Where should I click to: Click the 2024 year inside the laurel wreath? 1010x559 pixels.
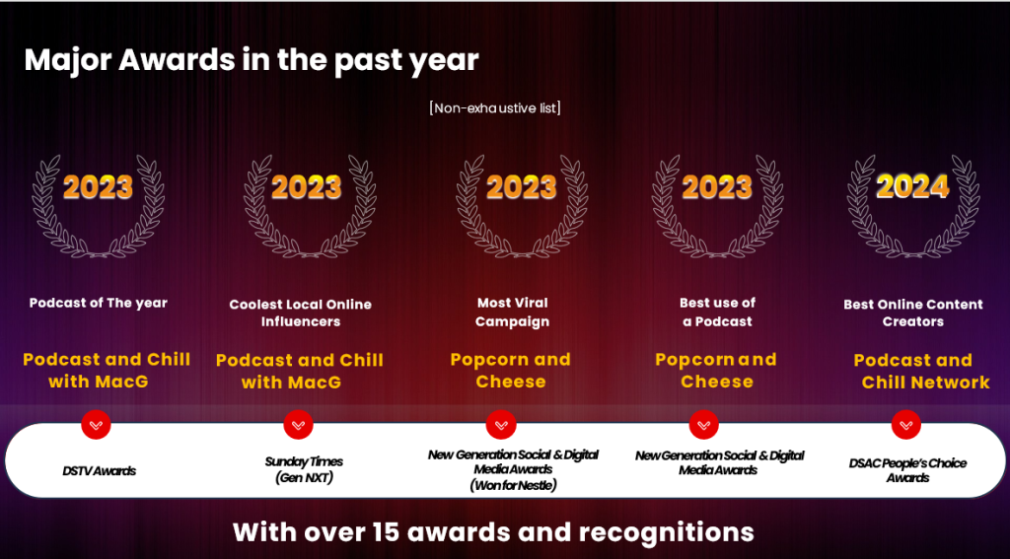[x=912, y=186]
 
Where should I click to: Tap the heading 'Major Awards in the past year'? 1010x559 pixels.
[x=252, y=60]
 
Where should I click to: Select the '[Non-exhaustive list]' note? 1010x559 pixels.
[x=495, y=107]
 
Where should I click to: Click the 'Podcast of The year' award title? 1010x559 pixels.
[x=98, y=303]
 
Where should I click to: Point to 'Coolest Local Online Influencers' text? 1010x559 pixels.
[x=300, y=313]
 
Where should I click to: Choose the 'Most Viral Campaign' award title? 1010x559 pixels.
[x=513, y=312]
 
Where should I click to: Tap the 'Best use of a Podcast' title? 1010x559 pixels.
[x=717, y=312]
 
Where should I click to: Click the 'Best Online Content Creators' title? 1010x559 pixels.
[x=912, y=313]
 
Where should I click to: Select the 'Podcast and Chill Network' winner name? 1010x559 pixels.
[x=921, y=371]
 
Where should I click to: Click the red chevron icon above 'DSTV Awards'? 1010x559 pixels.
[x=96, y=424]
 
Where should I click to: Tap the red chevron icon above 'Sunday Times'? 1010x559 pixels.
[x=298, y=424]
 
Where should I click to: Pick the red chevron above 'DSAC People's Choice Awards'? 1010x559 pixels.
[x=906, y=424]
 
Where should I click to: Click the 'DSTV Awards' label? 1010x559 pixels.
[x=100, y=471]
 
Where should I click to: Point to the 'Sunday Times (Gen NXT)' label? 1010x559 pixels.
[x=304, y=469]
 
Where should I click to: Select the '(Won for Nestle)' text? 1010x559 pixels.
[x=513, y=485]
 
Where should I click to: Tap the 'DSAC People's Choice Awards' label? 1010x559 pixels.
[x=907, y=470]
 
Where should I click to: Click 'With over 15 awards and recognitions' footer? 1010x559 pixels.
[x=493, y=532]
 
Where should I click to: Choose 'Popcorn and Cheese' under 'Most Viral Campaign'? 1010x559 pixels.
[x=511, y=371]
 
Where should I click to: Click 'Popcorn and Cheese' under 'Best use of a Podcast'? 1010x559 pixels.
[x=716, y=371]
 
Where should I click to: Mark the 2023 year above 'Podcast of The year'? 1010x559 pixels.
[x=98, y=186]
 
